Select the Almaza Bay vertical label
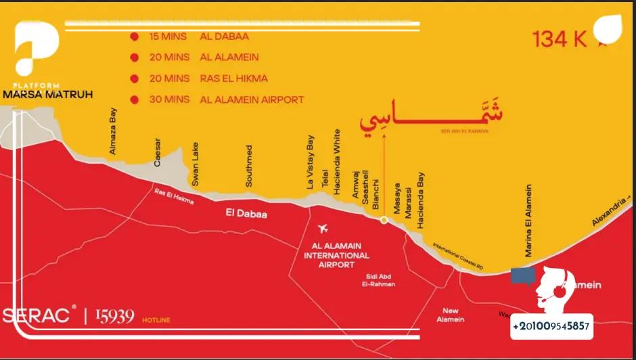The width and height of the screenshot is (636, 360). click(x=113, y=131)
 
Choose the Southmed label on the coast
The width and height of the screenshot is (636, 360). click(x=249, y=166)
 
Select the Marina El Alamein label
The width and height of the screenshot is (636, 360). click(x=529, y=220)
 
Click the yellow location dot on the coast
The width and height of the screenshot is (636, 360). click(x=384, y=220)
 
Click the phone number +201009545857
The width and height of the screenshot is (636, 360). click(x=551, y=327)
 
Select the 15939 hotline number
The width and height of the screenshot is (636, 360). click(x=114, y=316)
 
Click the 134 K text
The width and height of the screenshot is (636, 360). click(x=560, y=40)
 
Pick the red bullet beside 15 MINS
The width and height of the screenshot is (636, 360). click(x=134, y=36)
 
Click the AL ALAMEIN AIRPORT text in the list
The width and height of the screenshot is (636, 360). click(x=252, y=99)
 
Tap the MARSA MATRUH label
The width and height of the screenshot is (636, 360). click(x=47, y=95)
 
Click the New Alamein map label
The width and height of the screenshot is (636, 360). click(x=451, y=315)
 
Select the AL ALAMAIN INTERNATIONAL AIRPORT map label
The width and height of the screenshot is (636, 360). click(x=336, y=256)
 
